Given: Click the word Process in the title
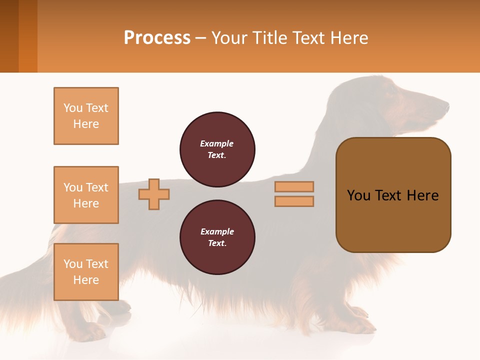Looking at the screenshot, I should point(157,38).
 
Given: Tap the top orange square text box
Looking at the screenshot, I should point(86,116).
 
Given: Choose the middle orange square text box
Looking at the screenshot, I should point(86,195).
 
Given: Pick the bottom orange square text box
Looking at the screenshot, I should point(86,272).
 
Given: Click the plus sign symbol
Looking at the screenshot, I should point(154,194).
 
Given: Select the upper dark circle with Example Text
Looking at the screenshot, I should point(217,149).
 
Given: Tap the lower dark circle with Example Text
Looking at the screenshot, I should point(217,237).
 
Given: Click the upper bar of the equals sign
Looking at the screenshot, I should point(294,186).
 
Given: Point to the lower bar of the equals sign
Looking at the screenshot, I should point(294,201).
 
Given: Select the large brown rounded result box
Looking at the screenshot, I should point(393,195).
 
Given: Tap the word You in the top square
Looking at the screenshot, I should point(72,108).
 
